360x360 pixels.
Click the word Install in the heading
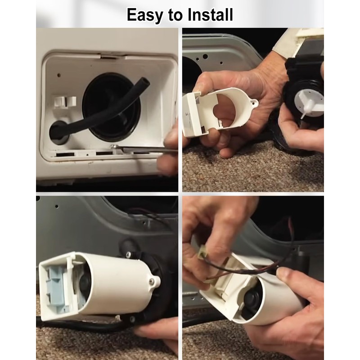click(x=210, y=15)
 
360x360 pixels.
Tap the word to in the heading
click(x=176, y=15)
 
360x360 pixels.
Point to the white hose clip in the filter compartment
click(x=65, y=102)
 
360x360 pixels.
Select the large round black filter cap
click(x=111, y=107)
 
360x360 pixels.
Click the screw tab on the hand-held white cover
click(x=254, y=103)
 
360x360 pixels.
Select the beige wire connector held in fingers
click(x=202, y=252)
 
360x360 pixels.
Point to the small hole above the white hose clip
click(x=59, y=75)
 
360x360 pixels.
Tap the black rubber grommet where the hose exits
click(x=58, y=132)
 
